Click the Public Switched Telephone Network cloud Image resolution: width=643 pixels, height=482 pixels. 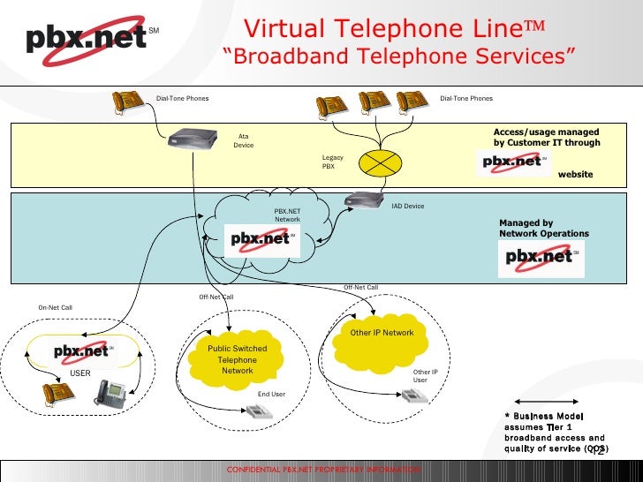coord(237,361)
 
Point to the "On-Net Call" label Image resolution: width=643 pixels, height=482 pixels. coord(55,307)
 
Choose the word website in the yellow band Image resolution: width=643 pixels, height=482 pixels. coord(575,175)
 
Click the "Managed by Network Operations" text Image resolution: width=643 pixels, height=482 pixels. coord(543,229)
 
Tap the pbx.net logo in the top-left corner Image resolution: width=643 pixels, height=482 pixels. coord(84,40)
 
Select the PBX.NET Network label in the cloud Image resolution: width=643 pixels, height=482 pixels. coord(287,215)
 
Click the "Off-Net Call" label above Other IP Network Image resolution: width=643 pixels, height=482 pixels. coord(360,288)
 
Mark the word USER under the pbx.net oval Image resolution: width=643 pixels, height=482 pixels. coord(80,373)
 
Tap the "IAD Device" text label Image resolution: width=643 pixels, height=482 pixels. coord(407,207)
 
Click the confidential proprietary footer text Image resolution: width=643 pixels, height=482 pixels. coord(322,468)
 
